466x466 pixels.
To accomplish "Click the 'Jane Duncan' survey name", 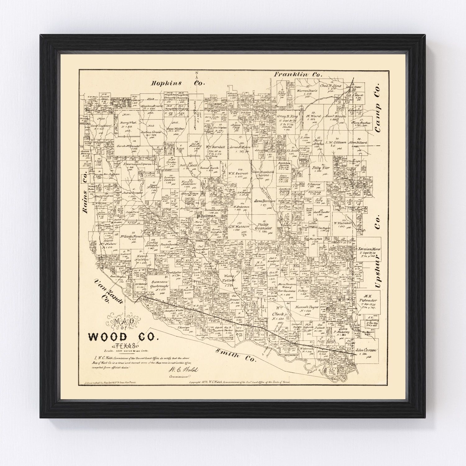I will point(265,201).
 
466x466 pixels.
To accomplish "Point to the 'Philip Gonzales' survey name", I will point(263,226).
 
